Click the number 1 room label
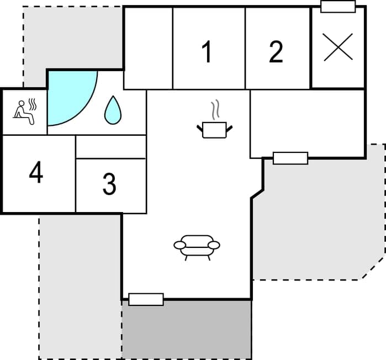tap(207, 52)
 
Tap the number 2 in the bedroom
tap(276, 52)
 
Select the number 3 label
tap(109, 184)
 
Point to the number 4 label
tap(36, 173)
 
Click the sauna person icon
tap(24, 112)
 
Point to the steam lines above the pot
tap(215, 108)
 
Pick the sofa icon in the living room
tap(197, 246)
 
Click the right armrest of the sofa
tap(214, 245)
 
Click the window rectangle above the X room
tap(338, 7)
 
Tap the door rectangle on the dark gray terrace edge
tap(146, 299)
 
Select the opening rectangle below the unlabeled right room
tap(290, 158)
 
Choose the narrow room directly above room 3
tap(110, 146)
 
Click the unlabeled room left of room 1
tap(148, 48)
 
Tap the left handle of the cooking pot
tap(200, 129)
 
